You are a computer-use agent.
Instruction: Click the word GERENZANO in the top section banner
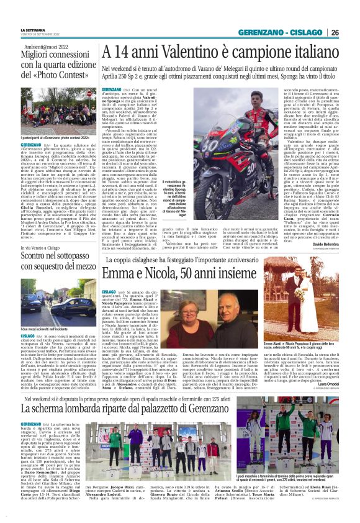[259, 32]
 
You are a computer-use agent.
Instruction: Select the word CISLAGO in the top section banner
[307, 32]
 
